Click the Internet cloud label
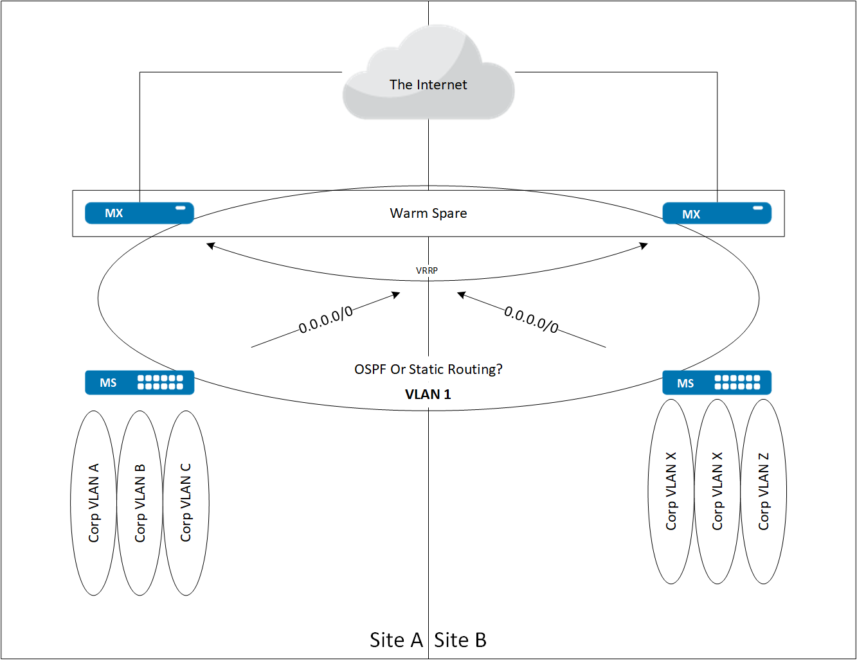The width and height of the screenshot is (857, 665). (428, 85)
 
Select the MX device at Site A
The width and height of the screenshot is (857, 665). (139, 213)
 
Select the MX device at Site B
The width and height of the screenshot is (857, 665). (716, 214)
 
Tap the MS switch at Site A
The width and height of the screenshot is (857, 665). (140, 383)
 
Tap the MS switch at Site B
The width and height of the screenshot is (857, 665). (716, 383)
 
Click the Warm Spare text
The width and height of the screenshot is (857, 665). (428, 213)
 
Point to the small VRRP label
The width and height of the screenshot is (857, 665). (427, 270)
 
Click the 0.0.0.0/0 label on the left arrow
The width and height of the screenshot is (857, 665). (326, 319)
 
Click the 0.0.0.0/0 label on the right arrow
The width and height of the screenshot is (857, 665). (531, 319)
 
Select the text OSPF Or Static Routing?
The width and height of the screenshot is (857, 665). (428, 369)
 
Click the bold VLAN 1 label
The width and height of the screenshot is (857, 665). (428, 395)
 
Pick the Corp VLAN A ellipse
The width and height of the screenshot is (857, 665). (94, 503)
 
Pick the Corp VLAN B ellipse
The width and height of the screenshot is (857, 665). (140, 503)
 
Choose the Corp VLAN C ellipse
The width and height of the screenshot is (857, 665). (186, 503)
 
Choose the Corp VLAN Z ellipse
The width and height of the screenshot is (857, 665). (764, 492)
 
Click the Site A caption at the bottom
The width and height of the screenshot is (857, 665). (396, 640)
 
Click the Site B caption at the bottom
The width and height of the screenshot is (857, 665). (460, 640)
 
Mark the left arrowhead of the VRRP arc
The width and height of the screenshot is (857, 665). (210, 245)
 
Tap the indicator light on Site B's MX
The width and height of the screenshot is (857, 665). (758, 208)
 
